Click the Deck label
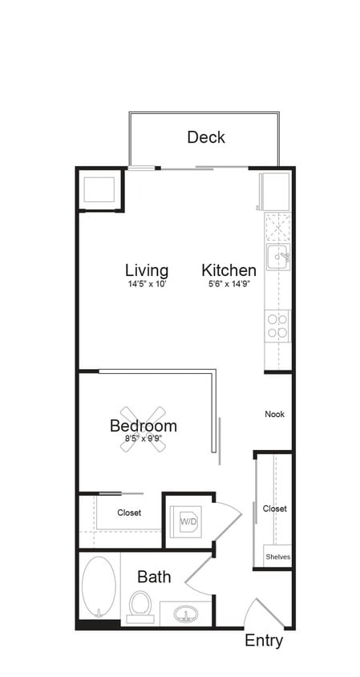pyautogui.click(x=206, y=137)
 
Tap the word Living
pyautogui.click(x=147, y=270)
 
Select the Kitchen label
pyautogui.click(x=229, y=270)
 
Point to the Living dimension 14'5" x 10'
pyautogui.click(x=146, y=285)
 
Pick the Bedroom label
pyautogui.click(x=144, y=425)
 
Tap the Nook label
pyautogui.click(x=275, y=415)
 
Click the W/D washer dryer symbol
pyautogui.click(x=188, y=521)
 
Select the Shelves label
pyautogui.click(x=277, y=557)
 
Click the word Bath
pyautogui.click(x=153, y=576)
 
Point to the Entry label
pyautogui.click(x=264, y=641)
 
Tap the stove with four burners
pyautogui.click(x=277, y=326)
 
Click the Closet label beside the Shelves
pyautogui.click(x=275, y=509)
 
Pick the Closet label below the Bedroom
pyautogui.click(x=129, y=513)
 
